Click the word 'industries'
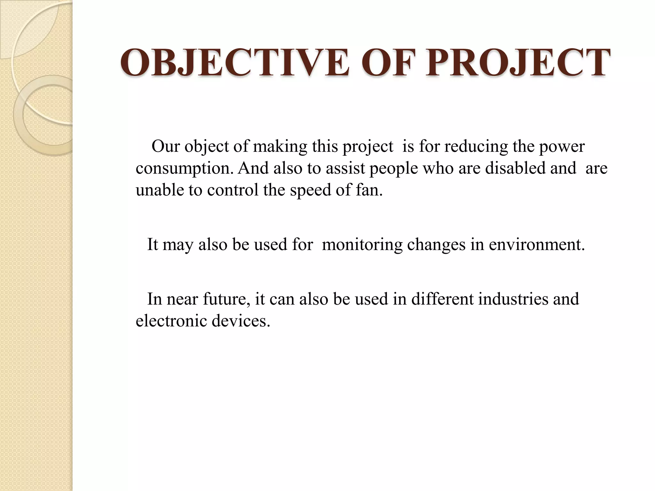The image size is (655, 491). pos(513,299)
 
